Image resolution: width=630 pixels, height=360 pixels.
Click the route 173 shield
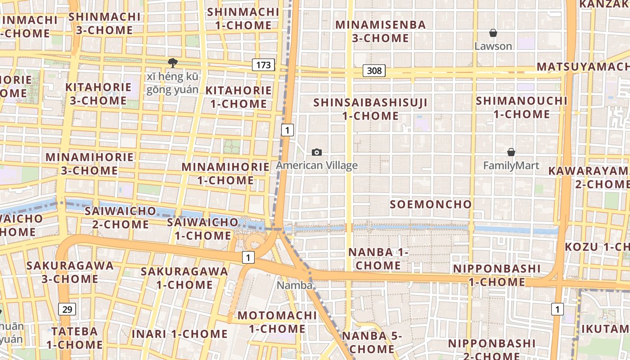point(263,65)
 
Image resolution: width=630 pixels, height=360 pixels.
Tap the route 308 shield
point(374,70)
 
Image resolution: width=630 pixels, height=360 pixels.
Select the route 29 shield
point(67,309)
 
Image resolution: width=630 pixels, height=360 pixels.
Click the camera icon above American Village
point(317,153)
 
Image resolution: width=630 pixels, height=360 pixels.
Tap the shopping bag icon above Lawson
point(493,33)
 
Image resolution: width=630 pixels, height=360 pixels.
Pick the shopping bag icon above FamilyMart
point(511,152)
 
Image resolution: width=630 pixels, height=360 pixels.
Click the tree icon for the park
point(172,63)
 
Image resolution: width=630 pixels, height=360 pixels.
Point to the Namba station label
point(294,285)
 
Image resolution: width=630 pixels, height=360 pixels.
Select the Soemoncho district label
point(431,204)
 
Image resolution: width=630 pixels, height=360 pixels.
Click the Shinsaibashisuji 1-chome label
point(370,109)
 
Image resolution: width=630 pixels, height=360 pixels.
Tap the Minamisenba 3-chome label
point(380,31)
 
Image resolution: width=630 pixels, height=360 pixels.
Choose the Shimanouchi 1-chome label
point(522,107)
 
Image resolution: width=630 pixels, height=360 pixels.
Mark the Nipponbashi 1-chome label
point(497,275)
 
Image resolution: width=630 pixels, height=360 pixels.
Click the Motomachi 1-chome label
point(277,322)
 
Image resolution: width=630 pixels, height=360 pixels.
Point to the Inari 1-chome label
point(180,334)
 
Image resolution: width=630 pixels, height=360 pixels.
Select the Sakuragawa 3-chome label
point(70,272)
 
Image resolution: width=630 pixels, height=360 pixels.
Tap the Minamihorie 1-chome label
point(225,173)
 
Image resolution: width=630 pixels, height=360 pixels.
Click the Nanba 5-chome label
point(372,342)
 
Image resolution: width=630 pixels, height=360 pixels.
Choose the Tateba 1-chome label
point(74,338)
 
